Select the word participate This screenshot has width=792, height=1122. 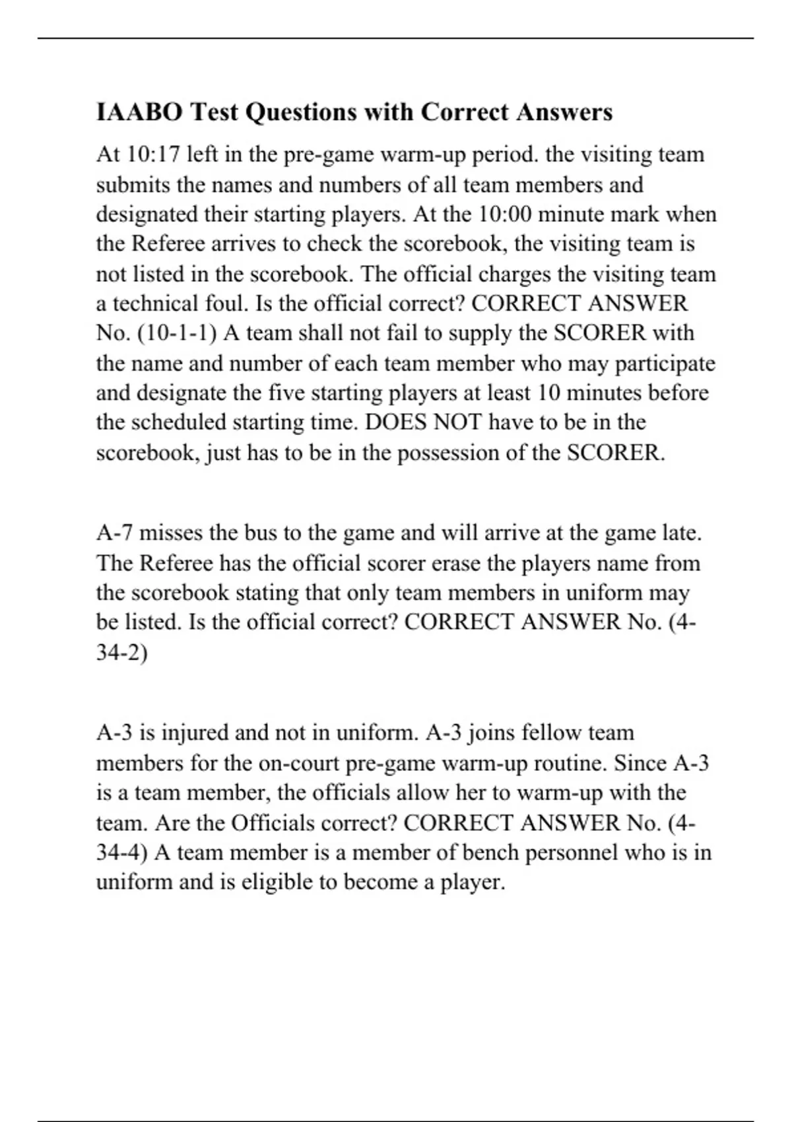(665, 364)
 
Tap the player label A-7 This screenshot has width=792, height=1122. (115, 533)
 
